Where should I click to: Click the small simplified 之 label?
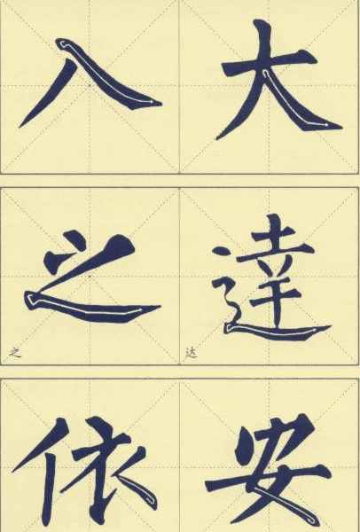pyautogui.click(x=15, y=353)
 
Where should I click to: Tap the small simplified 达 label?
pyautogui.click(x=191, y=353)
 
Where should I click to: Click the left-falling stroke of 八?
pyautogui.click(x=48, y=93)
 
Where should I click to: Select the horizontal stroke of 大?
pyautogui.click(x=270, y=64)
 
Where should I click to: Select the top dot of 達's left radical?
pyautogui.click(x=221, y=252)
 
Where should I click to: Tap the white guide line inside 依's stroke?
pyautogui.click(x=136, y=489)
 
